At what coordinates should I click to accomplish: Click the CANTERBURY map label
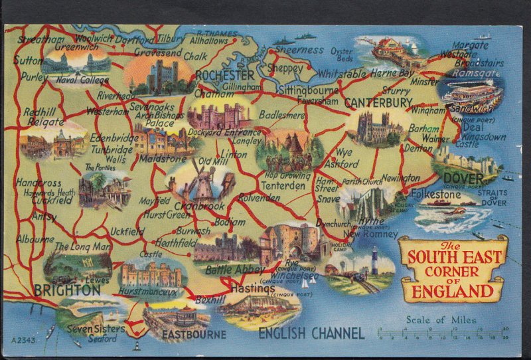coord(378,102)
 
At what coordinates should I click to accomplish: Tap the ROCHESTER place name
coord(226,76)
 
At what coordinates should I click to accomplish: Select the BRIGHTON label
coord(66,290)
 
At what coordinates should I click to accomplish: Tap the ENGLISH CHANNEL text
coord(311,333)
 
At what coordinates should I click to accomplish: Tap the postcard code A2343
coord(23,340)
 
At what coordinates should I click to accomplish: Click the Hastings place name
coord(253,289)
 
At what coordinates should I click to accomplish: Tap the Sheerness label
coord(299,50)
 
